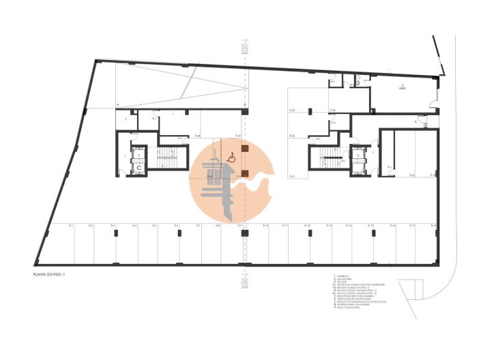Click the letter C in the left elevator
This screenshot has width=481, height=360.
[138, 166]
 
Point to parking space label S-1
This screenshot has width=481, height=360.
[71, 225]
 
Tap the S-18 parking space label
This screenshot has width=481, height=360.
[433, 225]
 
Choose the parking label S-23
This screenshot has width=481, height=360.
[291, 110]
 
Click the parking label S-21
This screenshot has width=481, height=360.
[291, 177]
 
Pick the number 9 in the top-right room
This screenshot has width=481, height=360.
[402, 85]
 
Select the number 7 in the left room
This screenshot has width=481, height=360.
[125, 121]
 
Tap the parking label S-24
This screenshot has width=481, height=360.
[332, 110]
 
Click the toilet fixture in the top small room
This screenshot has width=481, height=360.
[333, 82]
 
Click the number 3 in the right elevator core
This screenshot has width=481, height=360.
[358, 155]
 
